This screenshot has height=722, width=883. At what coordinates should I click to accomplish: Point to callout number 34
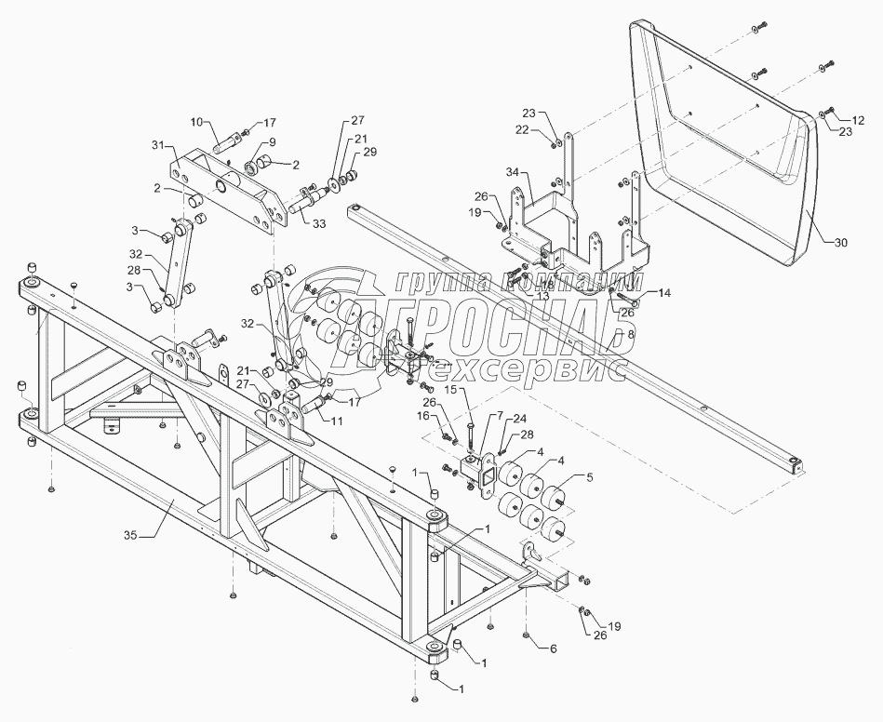[x=513, y=173]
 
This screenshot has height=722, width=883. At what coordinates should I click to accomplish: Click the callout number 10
[x=196, y=121]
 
